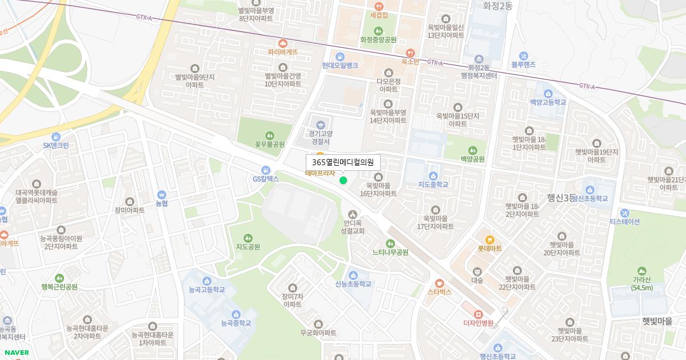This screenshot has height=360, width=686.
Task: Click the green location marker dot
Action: click(x=343, y=181)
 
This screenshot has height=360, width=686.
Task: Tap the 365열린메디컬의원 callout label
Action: click(x=343, y=162)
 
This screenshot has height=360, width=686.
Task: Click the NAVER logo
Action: click(x=15, y=353)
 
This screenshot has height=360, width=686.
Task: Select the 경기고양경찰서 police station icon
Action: click(x=320, y=123)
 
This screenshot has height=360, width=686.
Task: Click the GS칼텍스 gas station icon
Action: click(x=265, y=170)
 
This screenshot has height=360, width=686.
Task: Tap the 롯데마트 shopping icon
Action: click(x=489, y=239)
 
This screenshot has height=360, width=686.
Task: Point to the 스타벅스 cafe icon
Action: click(x=439, y=282)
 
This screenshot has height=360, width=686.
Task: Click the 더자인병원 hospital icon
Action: click(x=478, y=314)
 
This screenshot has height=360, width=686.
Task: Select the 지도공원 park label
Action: click(x=248, y=247)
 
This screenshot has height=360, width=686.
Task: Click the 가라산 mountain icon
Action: click(x=642, y=270)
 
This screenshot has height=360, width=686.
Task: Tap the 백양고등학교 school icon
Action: click(x=548, y=93)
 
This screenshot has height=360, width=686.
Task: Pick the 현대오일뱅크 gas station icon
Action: click(x=340, y=56)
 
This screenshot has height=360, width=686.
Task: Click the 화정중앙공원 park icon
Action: click(x=378, y=31)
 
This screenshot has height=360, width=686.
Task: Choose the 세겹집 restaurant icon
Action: click(x=378, y=6)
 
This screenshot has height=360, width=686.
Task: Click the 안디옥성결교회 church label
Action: click(x=352, y=227)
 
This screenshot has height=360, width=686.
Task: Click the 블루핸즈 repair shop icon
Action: click(x=523, y=55)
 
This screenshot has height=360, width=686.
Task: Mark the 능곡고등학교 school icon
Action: click(x=207, y=281)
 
